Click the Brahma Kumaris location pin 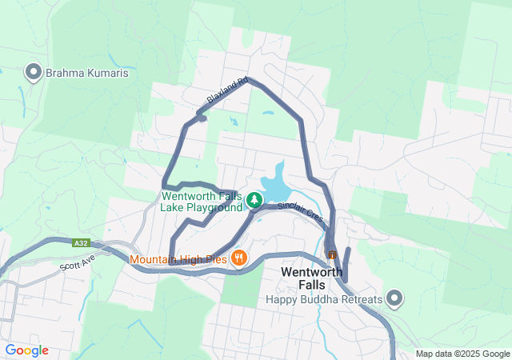pyautogui.click(x=34, y=73)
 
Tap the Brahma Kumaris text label pyautogui.click(x=86, y=73)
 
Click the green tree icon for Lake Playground pyautogui.click(x=254, y=198)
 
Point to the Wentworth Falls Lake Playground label pyautogui.click(x=202, y=201)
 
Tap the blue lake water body pyautogui.click(x=274, y=185)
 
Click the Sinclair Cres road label pyautogui.click(x=300, y=211)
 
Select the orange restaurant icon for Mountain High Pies pyautogui.click(x=238, y=258)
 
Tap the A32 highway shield pyautogui.click(x=80, y=243)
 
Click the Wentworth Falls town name pyautogui.click(x=312, y=278)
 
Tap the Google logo pyautogui.click(x=26, y=350)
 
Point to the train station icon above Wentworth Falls pyautogui.click(x=332, y=254)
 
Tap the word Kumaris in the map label pyautogui.click(x=106, y=73)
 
